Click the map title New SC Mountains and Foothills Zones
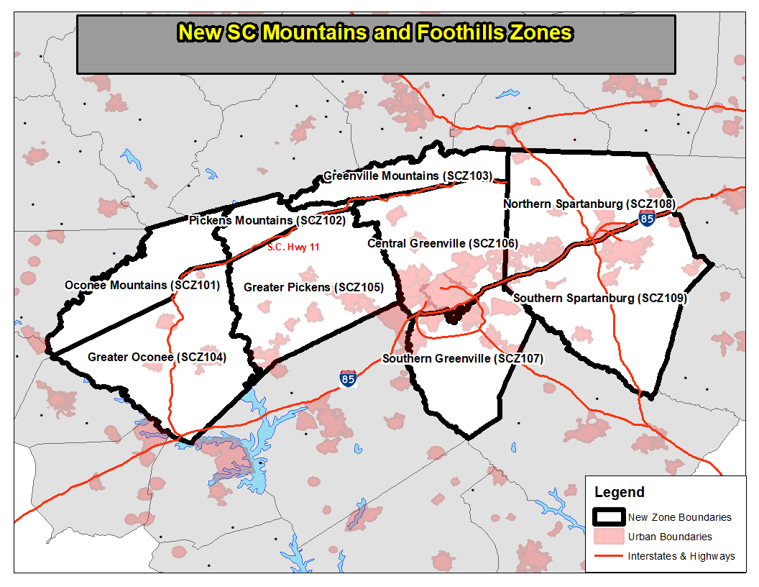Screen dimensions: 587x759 click(x=374, y=33)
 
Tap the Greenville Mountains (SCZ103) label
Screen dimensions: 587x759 click(x=408, y=176)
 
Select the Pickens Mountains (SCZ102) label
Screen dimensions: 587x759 click(x=267, y=220)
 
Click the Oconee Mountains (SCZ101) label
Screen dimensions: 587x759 click(x=142, y=285)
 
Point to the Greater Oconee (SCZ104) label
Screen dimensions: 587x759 click(x=157, y=357)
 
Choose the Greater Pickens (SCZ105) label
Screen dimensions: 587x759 click(x=313, y=287)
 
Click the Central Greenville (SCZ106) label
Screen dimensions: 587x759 click(x=443, y=244)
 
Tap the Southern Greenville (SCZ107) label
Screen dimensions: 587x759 click(x=462, y=358)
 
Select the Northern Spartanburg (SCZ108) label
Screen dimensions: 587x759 click(x=589, y=204)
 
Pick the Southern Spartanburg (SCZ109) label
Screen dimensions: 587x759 click(x=600, y=298)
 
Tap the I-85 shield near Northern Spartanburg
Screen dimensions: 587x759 click(x=648, y=219)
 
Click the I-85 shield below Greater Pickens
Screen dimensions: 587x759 click(x=348, y=378)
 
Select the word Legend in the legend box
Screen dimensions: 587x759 click(x=619, y=493)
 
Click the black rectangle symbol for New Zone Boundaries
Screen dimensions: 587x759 click(x=608, y=517)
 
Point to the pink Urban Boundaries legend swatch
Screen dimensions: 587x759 click(x=608, y=537)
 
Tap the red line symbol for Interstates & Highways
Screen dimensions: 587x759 click(x=608, y=556)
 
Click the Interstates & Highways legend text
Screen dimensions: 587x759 click(x=681, y=556)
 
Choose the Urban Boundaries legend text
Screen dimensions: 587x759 click(x=670, y=537)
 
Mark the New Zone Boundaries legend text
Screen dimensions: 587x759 click(x=679, y=517)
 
